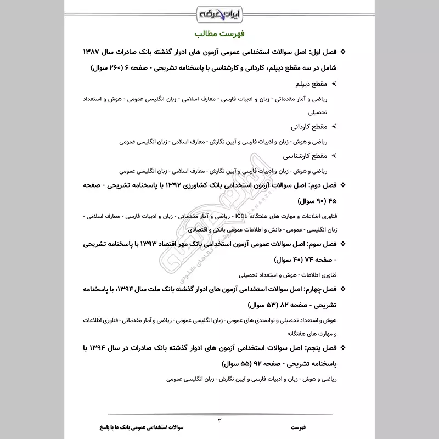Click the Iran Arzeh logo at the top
[x=219, y=12]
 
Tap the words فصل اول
[x=318, y=53]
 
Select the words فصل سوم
[x=317, y=244]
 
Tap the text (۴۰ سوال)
[x=292, y=258]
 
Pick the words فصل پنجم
[x=316, y=348]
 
